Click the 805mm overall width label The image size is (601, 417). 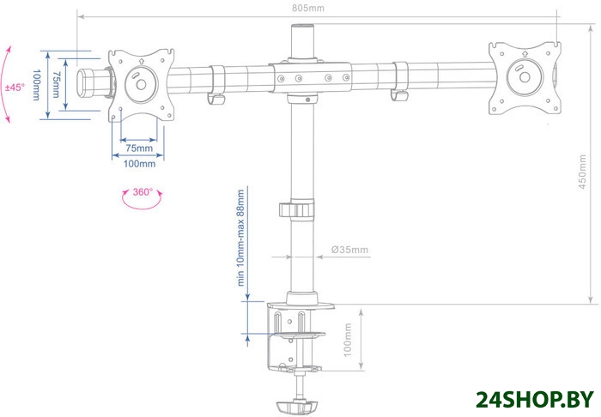pyautogui.click(x=307, y=8)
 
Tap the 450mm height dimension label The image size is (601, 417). pyautogui.click(x=582, y=172)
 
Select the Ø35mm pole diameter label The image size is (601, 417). pyautogui.click(x=349, y=250)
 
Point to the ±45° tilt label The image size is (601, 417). pyautogui.click(x=15, y=88)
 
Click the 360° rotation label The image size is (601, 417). pyautogui.click(x=143, y=192)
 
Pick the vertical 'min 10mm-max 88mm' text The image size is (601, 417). pyautogui.click(x=240, y=238)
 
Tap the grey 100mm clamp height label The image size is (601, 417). pyautogui.click(x=347, y=340)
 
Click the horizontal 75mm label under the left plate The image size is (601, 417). pyautogui.click(x=139, y=148)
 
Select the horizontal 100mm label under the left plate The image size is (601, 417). pyautogui.click(x=139, y=164)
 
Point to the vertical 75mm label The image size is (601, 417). pyautogui.click(x=57, y=85)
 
